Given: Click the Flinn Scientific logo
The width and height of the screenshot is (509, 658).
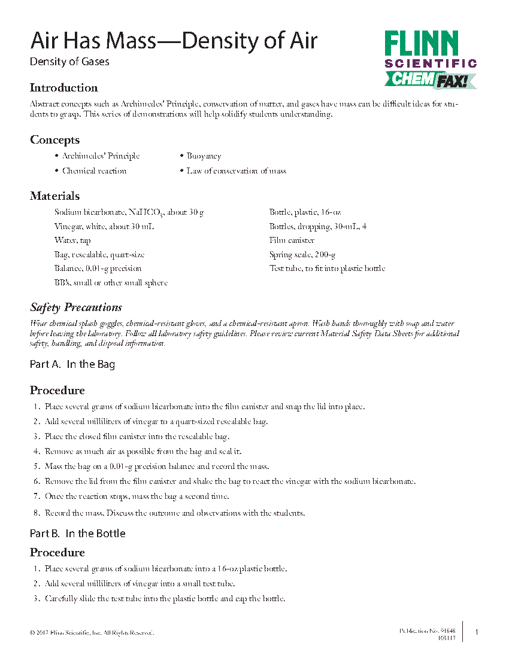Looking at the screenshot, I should tap(430, 50).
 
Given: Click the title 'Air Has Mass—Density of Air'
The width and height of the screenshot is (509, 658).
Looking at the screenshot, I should tap(174, 41).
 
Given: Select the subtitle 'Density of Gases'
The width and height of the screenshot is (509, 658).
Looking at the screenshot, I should tap(69, 61).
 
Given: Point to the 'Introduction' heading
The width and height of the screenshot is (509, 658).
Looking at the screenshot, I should tap(63, 88).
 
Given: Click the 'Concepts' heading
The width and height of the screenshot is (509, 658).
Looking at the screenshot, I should tap(54, 140).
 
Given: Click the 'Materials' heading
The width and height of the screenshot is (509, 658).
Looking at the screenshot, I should tap(54, 196).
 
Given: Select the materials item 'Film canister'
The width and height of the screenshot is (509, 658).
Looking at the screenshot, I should tap(292, 240).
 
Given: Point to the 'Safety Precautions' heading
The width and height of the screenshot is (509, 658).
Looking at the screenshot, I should tap(76, 307).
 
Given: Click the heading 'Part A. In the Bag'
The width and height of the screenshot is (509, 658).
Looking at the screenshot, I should tap(72, 364).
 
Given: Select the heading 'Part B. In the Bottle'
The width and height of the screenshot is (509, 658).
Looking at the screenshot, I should tap(78, 534).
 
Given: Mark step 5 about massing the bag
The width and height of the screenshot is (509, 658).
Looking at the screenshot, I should tap(157, 467).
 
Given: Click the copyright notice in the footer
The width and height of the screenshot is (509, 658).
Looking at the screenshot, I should tap(92, 632).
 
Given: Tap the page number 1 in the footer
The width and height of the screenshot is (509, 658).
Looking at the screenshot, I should tap(476, 632).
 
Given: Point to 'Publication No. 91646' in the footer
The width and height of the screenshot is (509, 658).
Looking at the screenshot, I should tap(427, 631).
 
